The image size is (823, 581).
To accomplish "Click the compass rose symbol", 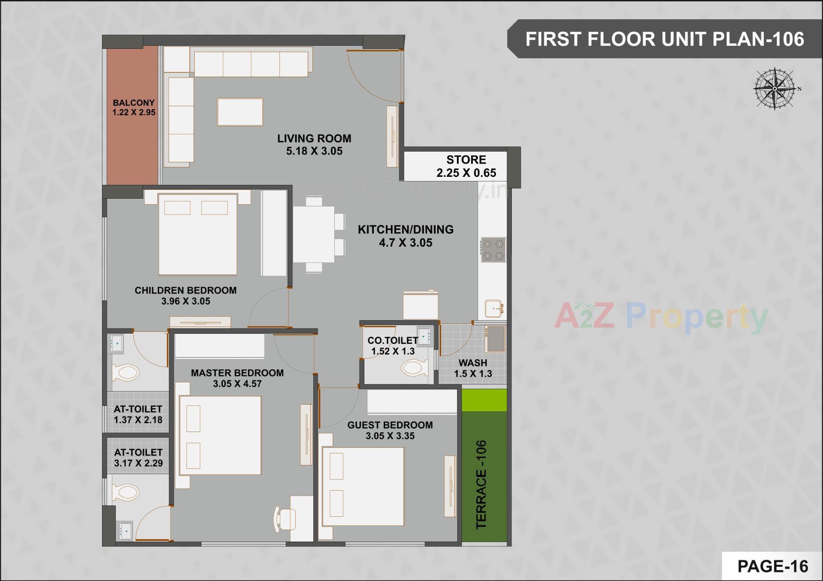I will click(775, 89).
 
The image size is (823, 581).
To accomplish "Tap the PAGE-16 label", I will click(772, 566).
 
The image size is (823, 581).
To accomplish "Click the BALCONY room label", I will click(134, 103).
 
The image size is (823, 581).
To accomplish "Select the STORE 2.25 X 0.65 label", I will click(466, 166).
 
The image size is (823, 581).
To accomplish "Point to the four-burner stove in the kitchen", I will click(493, 250).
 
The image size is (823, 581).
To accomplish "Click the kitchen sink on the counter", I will click(494, 308).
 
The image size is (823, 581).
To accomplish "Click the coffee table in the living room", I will click(240, 112).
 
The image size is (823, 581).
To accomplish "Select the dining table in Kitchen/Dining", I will click(314, 234).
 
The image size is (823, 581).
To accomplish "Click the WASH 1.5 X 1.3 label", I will click(473, 368).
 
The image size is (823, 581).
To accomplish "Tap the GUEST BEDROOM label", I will click(390, 425).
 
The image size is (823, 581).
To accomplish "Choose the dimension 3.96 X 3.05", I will click(186, 301).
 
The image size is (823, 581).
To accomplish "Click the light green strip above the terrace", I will click(484, 400).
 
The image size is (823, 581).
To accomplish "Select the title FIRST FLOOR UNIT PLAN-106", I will click(664, 39).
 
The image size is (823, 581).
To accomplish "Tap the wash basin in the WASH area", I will click(496, 339).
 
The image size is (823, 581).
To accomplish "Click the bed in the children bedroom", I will click(198, 234).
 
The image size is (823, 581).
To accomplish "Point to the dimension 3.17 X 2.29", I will click(138, 463).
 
